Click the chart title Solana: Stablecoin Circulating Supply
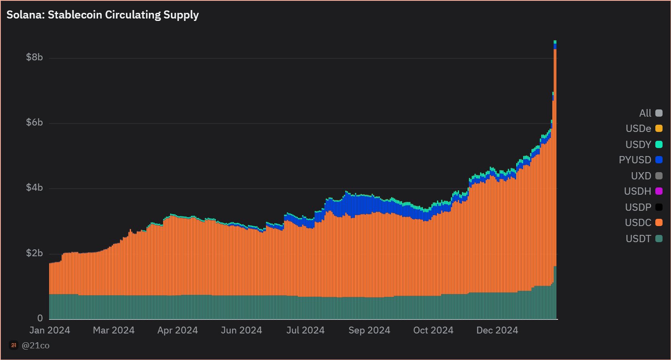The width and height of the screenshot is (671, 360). pyautogui.click(x=103, y=15)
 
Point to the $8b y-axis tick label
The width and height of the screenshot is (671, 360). pyautogui.click(x=34, y=57)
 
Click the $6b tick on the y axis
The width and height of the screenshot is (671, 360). pyautogui.click(x=34, y=122)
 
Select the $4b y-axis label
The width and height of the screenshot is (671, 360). pyautogui.click(x=34, y=187)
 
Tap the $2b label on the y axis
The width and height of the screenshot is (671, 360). pyautogui.click(x=34, y=253)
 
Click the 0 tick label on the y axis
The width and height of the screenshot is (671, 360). pyautogui.click(x=40, y=318)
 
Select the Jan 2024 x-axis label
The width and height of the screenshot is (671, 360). pyautogui.click(x=49, y=330)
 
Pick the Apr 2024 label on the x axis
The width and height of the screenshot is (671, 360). pyautogui.click(x=177, y=330)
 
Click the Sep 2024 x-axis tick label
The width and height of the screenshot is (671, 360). pyautogui.click(x=369, y=330)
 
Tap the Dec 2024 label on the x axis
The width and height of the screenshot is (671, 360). pyautogui.click(x=497, y=330)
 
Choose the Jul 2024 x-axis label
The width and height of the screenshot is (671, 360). pyautogui.click(x=305, y=330)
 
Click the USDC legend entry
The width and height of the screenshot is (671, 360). pyautogui.click(x=638, y=223)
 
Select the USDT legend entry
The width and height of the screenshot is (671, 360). pyautogui.click(x=638, y=239)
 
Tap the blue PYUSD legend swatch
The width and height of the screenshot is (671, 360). pyautogui.click(x=659, y=160)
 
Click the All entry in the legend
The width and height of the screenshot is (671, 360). pyautogui.click(x=645, y=113)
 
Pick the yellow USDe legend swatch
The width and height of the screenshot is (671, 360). pyautogui.click(x=659, y=128)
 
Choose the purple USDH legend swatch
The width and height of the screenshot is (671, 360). pyautogui.click(x=659, y=191)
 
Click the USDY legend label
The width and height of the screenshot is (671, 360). pyautogui.click(x=638, y=144)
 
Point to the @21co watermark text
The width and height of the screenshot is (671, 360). pyautogui.click(x=35, y=346)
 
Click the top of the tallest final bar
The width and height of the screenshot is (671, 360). pyautogui.click(x=555, y=41)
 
